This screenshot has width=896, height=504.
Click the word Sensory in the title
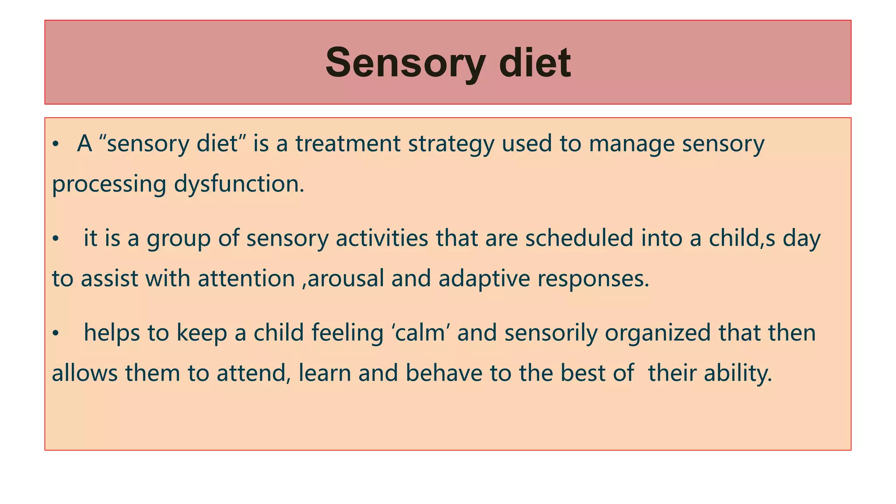click(x=405, y=63)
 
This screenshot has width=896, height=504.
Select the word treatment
click(x=348, y=143)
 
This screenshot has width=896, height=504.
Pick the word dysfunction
click(x=239, y=184)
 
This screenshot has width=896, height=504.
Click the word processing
click(x=109, y=184)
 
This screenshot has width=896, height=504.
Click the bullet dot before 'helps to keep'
click(x=55, y=334)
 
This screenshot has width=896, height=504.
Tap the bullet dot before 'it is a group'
click(x=55, y=239)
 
